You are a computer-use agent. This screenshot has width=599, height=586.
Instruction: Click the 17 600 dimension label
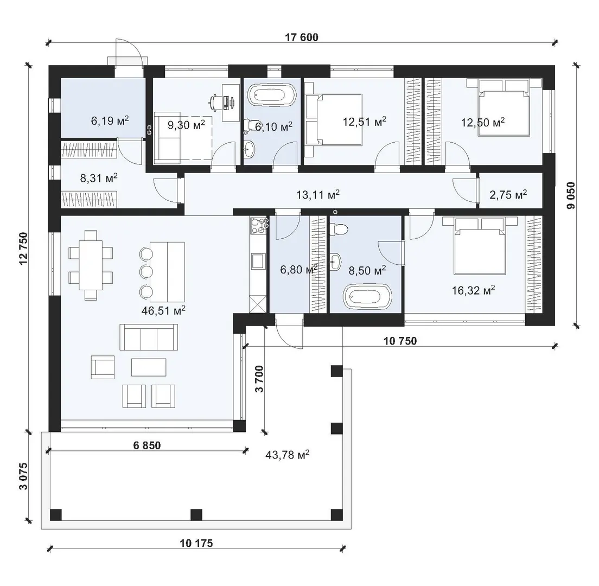click(x=302, y=37)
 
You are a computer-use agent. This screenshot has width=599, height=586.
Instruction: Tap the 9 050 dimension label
click(x=571, y=195)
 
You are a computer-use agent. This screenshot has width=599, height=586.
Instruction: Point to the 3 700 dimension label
click(x=259, y=379)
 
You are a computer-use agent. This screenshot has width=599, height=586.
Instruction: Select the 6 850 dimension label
click(x=147, y=445)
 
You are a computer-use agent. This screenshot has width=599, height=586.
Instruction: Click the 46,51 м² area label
click(x=163, y=310)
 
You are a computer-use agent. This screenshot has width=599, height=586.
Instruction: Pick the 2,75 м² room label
click(x=508, y=194)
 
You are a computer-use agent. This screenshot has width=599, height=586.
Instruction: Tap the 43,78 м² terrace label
click(x=287, y=455)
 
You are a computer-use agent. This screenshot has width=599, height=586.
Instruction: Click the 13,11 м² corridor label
click(x=318, y=195)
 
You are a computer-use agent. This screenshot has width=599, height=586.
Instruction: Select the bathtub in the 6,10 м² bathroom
click(x=272, y=95)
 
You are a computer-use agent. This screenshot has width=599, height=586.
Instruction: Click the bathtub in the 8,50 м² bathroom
click(x=367, y=297)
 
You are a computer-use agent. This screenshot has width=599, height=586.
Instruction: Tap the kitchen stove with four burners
click(x=258, y=226)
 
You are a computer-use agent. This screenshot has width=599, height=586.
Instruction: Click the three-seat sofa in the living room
click(x=149, y=337)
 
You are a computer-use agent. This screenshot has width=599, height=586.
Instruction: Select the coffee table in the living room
click(x=149, y=367)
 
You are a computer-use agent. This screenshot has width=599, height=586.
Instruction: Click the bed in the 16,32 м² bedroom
click(x=480, y=245)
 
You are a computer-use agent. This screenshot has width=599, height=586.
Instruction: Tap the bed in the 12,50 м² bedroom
click(x=504, y=107)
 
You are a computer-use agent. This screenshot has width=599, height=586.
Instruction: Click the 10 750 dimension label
click(x=400, y=340)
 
